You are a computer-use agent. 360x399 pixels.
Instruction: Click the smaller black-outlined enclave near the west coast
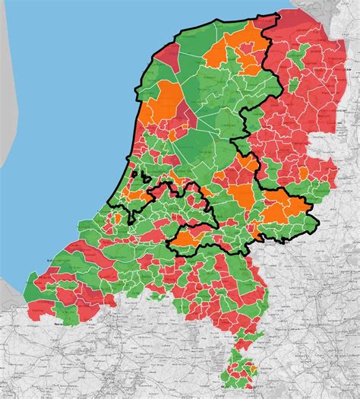(134, 174)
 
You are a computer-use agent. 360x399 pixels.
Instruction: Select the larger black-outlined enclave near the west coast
(144, 179)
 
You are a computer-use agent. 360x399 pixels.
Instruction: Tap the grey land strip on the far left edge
(6, 114)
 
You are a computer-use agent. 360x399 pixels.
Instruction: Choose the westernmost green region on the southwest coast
(34, 293)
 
